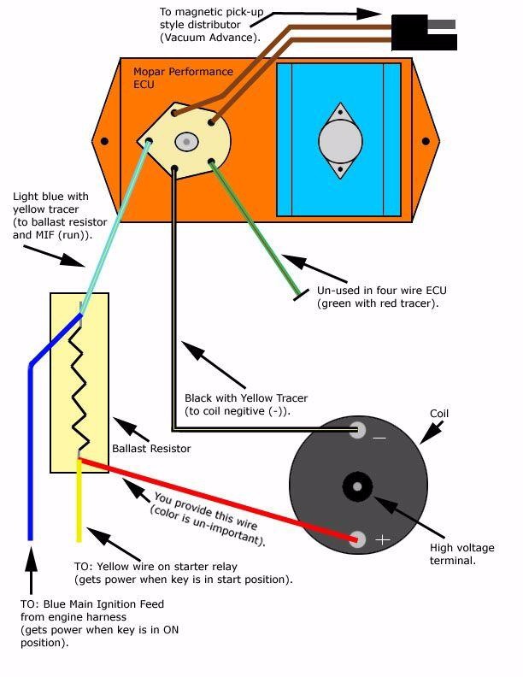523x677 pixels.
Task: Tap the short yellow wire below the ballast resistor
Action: [79, 504]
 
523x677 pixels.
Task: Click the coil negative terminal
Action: [359, 430]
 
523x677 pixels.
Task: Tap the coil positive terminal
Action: [359, 539]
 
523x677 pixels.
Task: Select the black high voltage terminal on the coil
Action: [356, 486]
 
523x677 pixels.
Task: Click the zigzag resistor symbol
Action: [79, 385]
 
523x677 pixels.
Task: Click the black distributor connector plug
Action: [410, 32]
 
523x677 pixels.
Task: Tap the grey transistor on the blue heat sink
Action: [340, 141]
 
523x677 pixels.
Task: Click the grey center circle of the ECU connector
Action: [185, 141]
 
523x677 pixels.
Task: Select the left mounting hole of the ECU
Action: [104, 141]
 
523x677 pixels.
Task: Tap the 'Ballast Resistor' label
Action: [151, 449]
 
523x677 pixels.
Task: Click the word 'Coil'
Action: [439, 414]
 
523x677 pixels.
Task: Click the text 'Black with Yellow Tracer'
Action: [246, 398]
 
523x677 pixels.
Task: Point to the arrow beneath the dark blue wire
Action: [31, 568]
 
